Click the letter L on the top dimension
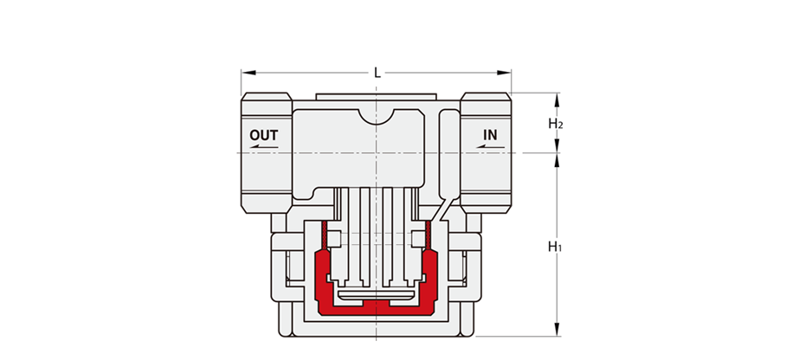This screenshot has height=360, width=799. click(x=377, y=73)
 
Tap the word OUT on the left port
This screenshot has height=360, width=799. click(x=264, y=135)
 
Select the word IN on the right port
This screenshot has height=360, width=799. click(x=490, y=135)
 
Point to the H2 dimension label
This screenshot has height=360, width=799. click(x=556, y=123)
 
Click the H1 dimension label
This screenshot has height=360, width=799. click(x=555, y=247)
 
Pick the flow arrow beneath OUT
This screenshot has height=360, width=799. click(x=264, y=147)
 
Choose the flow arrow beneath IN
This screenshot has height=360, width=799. click(x=490, y=146)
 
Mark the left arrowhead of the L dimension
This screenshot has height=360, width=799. click(x=248, y=73)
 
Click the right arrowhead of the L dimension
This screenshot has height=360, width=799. click(x=505, y=73)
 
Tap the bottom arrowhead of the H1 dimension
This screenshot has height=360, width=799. click(x=557, y=329)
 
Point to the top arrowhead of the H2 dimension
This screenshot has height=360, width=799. click(x=557, y=100)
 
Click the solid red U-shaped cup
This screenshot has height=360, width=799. click(x=377, y=305)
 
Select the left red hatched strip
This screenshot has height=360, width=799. click(x=324, y=235)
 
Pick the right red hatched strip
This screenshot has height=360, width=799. click(x=428, y=235)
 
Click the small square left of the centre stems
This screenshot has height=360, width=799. click(x=334, y=238)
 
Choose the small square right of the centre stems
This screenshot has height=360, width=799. click(x=418, y=238)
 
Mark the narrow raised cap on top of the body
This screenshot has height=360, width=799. click(x=376, y=97)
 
